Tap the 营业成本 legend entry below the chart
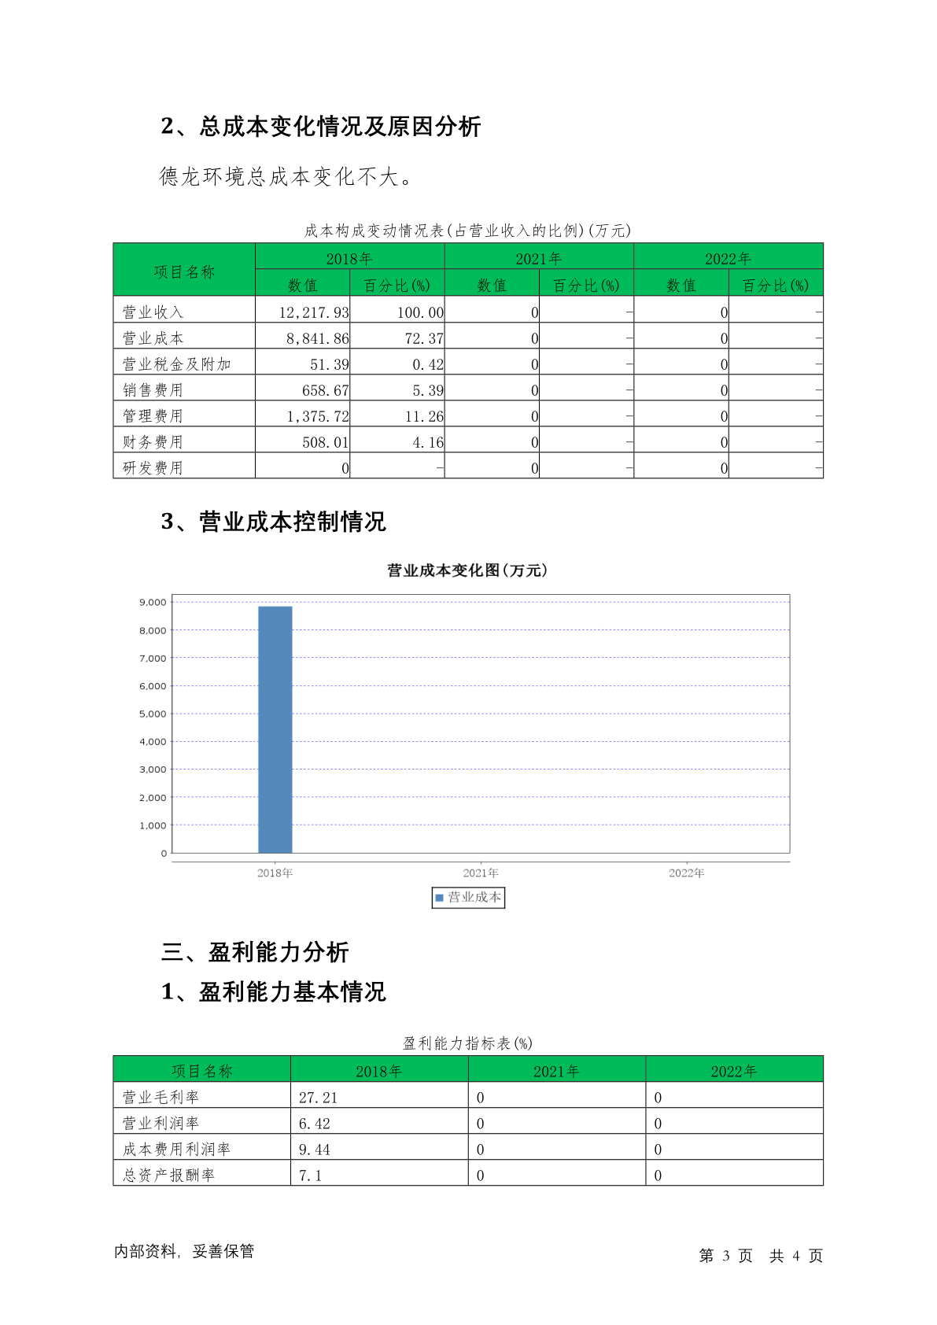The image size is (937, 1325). pos(469,897)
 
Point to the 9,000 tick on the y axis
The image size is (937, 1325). pos(153,603)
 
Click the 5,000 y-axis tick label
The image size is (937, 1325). pos(153,714)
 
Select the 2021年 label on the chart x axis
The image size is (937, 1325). pos(481,873)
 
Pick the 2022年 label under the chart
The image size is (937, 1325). pos(687,873)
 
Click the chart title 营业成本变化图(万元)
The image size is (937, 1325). pos(467,570)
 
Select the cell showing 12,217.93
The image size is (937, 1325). pos(313,312)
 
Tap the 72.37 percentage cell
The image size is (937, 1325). pos(424,338)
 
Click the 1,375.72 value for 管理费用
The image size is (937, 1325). pos(317,416)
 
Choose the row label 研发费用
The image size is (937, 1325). pos(153,468)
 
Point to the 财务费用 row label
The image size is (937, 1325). pos(153,442)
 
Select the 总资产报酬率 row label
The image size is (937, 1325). pos(168,1175)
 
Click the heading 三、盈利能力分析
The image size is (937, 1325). pos(255,952)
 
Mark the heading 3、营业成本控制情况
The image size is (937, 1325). pos(274,522)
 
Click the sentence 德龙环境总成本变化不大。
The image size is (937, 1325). pos(286,176)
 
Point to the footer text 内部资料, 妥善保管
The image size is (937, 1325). pos(184,1251)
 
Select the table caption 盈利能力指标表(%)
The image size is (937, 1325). pos(467,1043)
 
